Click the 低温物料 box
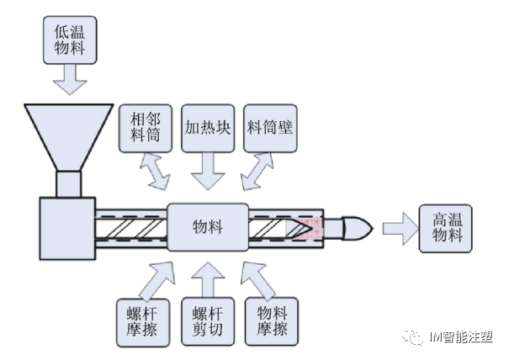pyautogui.click(x=70, y=40)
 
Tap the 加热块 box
pyautogui.click(x=207, y=127)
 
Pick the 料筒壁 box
pyautogui.click(x=269, y=127)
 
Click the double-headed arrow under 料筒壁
pyautogui.click(x=258, y=172)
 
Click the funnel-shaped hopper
pyautogui.click(x=70, y=135)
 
